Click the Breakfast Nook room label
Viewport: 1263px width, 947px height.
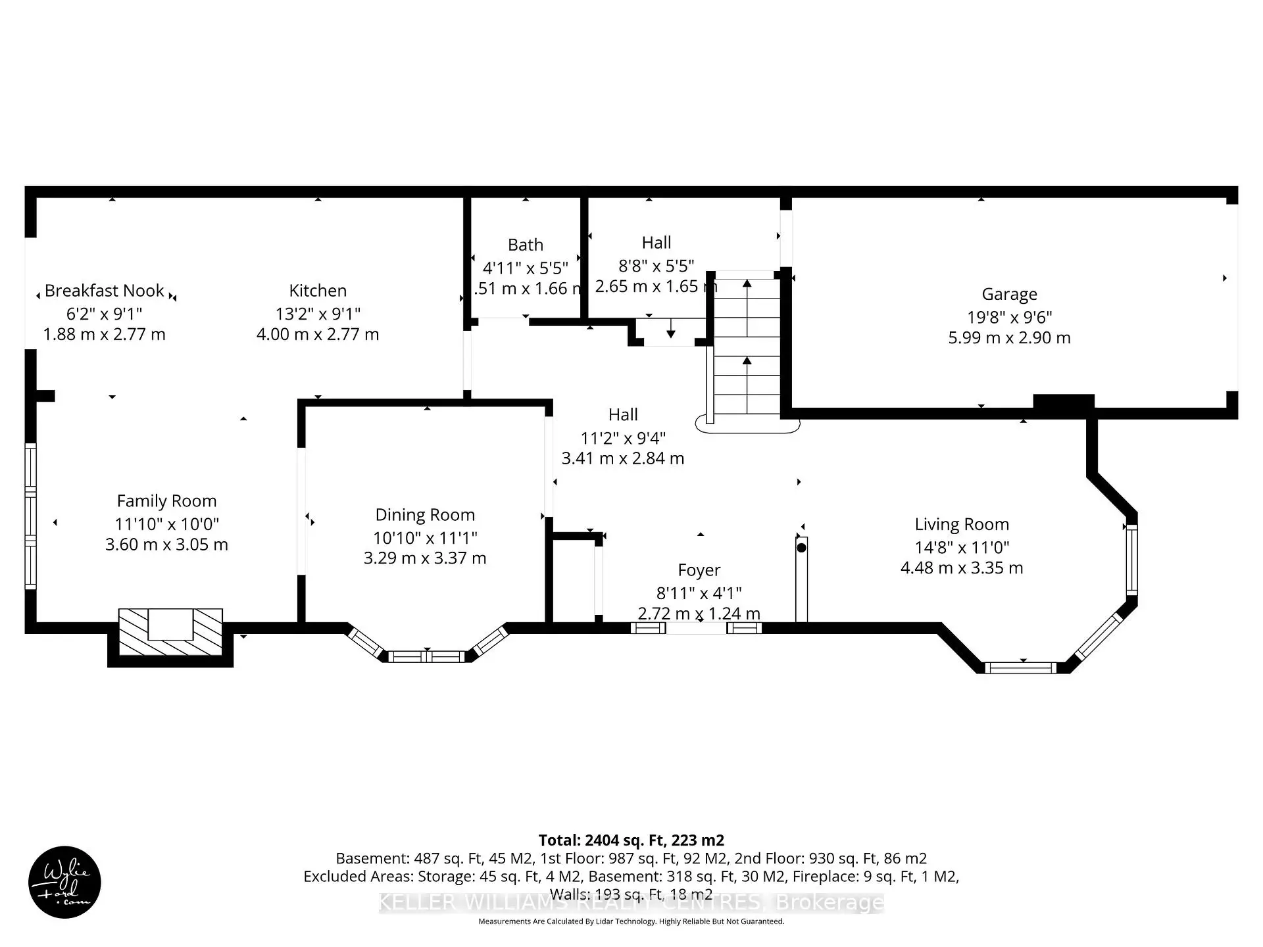105,291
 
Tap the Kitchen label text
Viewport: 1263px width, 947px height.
318,291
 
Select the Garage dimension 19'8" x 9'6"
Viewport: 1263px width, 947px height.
1009,317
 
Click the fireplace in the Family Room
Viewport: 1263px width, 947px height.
170,631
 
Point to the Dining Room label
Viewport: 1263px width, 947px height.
425,515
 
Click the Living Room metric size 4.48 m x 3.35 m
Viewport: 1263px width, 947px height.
962,568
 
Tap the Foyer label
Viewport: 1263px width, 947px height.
699,570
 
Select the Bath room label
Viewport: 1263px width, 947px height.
526,245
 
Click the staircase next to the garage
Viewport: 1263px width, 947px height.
747,349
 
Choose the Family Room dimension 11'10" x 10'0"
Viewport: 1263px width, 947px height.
167,524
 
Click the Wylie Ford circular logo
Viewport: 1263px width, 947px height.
64,882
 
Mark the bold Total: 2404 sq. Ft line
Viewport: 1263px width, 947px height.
631,840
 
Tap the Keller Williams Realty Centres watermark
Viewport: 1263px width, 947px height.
631,902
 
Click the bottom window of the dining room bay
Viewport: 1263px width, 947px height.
427,656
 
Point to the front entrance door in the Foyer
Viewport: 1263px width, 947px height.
697,629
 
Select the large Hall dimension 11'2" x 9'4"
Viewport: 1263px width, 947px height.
623,438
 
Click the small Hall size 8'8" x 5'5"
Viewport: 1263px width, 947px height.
656,266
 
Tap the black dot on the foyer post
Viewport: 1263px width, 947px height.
801,547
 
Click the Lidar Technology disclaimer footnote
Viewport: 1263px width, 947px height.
631,921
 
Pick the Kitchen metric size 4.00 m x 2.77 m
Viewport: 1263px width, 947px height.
318,334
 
